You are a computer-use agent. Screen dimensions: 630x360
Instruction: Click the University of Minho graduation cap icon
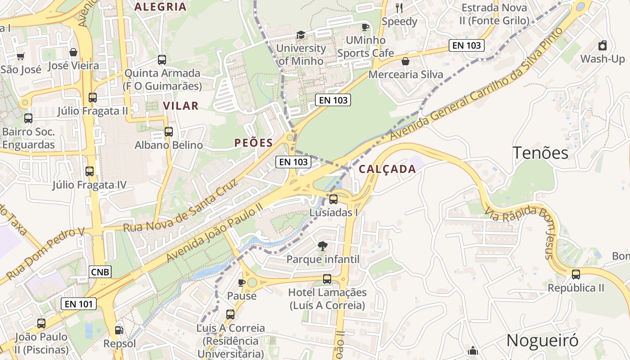300,35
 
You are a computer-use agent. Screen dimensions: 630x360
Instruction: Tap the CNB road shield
100,272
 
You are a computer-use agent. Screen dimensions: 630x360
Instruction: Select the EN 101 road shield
79,304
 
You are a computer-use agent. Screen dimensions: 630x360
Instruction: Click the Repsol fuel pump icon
119,330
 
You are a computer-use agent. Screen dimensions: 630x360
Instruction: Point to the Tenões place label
540,153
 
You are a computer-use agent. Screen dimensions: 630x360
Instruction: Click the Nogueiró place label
542,341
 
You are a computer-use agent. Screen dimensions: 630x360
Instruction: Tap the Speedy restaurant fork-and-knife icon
399,8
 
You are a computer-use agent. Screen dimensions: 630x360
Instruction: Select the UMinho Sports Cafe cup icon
365,27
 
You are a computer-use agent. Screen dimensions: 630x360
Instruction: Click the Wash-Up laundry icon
603,45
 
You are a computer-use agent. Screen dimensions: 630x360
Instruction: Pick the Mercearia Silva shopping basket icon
405,61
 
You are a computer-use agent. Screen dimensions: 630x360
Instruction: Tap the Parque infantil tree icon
322,246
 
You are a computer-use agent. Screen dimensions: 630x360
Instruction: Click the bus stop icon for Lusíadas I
333,199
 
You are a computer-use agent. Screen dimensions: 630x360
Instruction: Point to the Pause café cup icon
242,283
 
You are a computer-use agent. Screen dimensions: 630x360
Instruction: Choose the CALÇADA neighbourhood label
387,169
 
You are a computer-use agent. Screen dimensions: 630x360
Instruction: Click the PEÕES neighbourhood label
253,143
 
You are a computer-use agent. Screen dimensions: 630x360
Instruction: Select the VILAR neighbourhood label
180,106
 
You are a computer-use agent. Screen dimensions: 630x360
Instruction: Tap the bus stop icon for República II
576,274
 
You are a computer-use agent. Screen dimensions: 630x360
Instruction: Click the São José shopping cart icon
20,56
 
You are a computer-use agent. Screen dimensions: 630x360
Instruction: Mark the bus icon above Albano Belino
169,132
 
